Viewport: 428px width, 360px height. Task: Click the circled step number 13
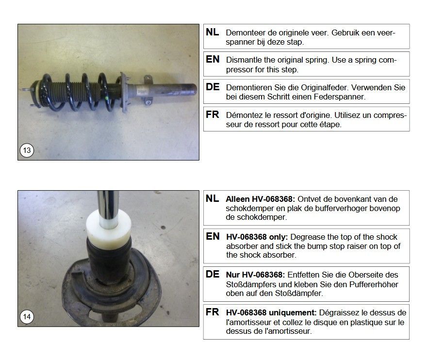pyautogui.click(x=27, y=150)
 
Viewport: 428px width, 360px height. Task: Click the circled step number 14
pyautogui.click(x=27, y=317)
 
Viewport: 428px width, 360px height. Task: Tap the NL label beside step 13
pyautogui.click(x=213, y=32)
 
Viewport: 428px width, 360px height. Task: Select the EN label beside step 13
pyautogui.click(x=213, y=59)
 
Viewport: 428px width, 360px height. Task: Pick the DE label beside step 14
pyautogui.click(x=213, y=274)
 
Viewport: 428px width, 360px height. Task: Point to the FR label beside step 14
pyautogui.click(x=213, y=312)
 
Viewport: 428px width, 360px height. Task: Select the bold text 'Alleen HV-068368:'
pyautogui.click(x=261, y=199)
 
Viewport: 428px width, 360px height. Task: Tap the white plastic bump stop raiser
pyautogui.click(x=108, y=228)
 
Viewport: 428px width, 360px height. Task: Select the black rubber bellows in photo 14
pyautogui.click(x=109, y=262)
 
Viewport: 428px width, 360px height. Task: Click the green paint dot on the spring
pyautogui.click(x=106, y=98)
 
